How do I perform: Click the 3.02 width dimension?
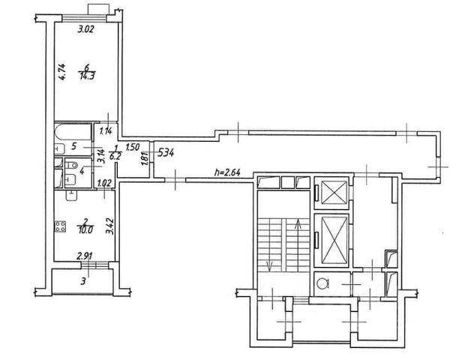tap(86, 29)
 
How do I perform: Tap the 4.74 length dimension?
tap(62, 72)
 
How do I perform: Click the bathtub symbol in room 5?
tap(73, 132)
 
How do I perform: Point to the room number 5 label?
tap(74, 146)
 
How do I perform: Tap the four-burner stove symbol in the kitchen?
tap(60, 226)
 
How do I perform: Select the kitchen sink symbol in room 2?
tap(71, 196)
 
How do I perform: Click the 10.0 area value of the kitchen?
tap(86, 230)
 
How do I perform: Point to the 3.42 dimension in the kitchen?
tap(110, 226)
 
